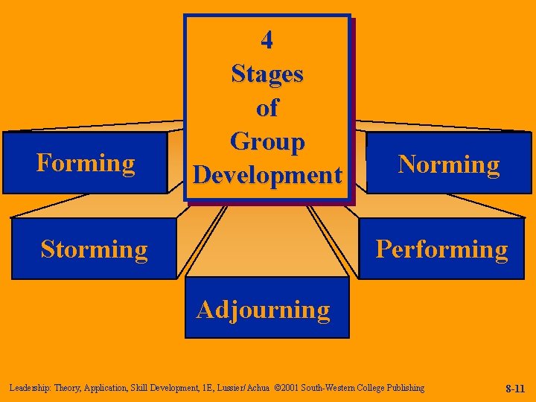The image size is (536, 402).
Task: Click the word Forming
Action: (x=86, y=162)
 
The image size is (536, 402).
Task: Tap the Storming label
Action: (x=95, y=249)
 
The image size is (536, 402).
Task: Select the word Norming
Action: (x=449, y=164)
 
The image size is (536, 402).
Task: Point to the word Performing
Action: (x=441, y=249)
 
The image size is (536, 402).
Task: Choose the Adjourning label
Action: (x=264, y=309)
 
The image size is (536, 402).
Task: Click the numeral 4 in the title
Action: (x=267, y=40)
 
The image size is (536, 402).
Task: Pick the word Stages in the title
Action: (x=267, y=74)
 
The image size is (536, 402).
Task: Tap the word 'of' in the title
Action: (x=267, y=108)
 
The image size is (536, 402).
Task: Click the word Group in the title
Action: (x=267, y=141)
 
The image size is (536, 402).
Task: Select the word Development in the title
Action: (x=267, y=175)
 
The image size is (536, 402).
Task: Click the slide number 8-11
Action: (x=515, y=389)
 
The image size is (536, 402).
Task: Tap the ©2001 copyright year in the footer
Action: (x=286, y=388)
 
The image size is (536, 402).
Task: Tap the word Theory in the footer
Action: (x=66, y=388)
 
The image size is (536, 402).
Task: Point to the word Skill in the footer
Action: (x=138, y=388)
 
